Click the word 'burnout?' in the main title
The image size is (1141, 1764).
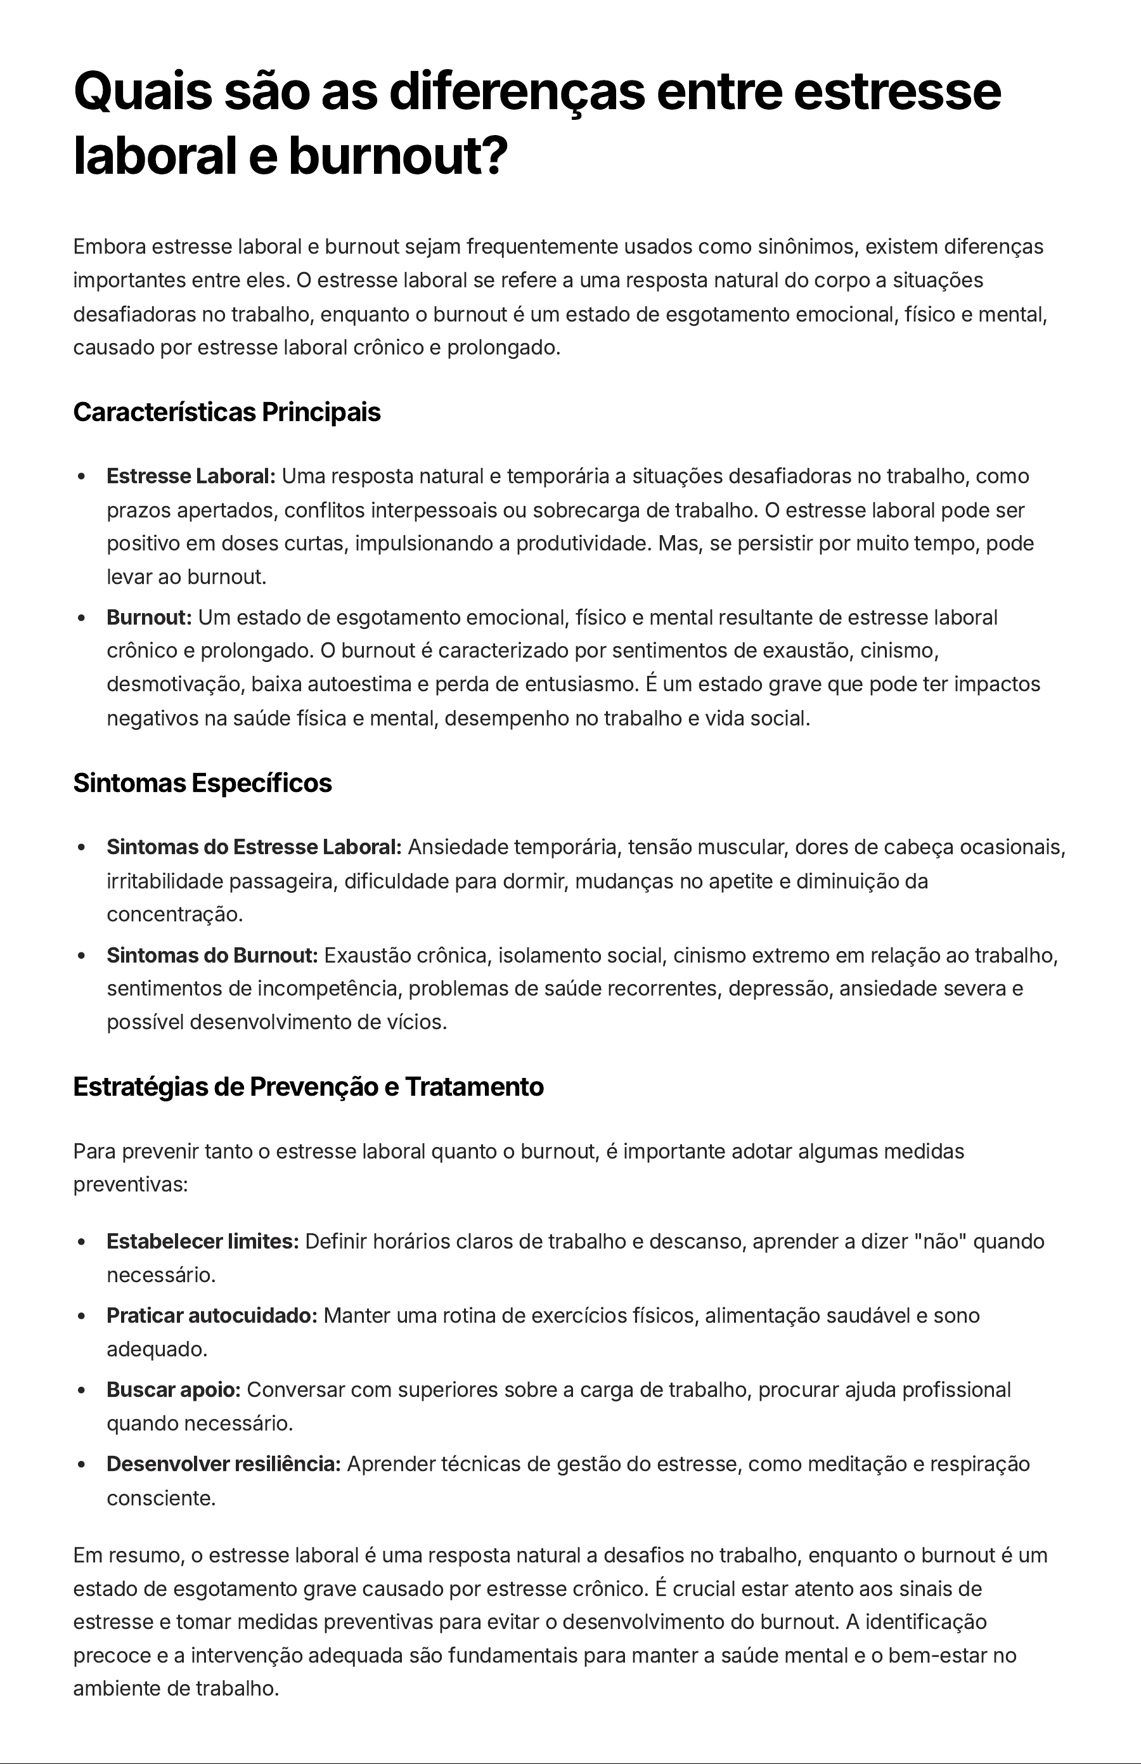coord(398,157)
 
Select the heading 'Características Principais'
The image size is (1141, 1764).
coord(227,412)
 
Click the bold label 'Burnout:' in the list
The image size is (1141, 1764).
coord(149,618)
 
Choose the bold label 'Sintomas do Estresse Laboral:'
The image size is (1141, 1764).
coord(254,847)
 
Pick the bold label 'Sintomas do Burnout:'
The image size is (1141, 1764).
coord(212,956)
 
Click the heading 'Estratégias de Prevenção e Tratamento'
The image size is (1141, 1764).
coord(308,1087)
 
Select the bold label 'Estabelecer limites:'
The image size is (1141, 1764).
coord(202,1242)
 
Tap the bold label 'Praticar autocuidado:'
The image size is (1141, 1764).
coord(212,1316)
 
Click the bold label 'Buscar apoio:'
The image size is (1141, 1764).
coord(174,1390)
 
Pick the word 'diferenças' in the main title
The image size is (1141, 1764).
coord(517,92)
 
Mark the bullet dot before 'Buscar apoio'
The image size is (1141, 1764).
coord(82,1391)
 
